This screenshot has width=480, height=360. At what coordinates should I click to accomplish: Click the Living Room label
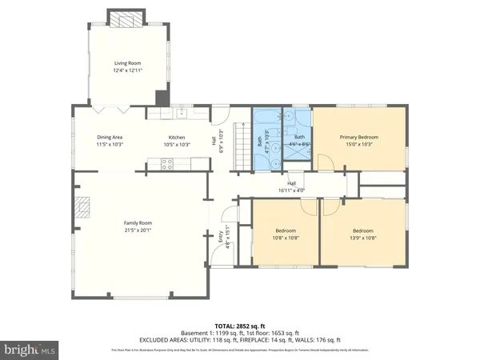tap(128, 62)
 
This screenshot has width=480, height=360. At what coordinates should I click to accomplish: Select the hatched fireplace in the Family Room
tap(82, 209)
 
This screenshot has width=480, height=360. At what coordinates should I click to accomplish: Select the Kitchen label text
tap(177, 137)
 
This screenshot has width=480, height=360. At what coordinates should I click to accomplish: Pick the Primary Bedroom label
tap(358, 137)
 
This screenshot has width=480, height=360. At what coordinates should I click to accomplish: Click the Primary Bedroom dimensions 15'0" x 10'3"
tap(358, 145)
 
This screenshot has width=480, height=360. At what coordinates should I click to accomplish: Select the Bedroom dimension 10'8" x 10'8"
tap(286, 238)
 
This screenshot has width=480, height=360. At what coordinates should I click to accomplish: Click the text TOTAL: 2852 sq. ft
tap(240, 326)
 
